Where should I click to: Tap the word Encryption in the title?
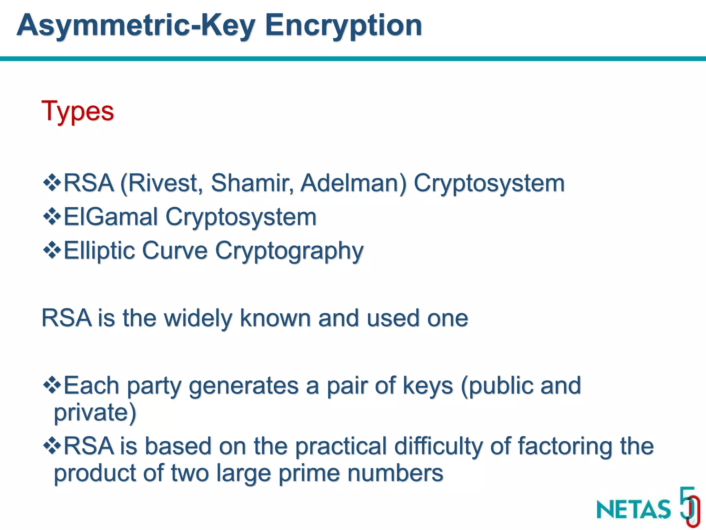coord(343,26)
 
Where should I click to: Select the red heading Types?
coord(78,111)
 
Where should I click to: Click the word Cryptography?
coord(289,251)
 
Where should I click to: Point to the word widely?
coord(198,318)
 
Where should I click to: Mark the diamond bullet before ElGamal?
coord(52,217)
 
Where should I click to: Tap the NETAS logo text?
coord(634,509)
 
